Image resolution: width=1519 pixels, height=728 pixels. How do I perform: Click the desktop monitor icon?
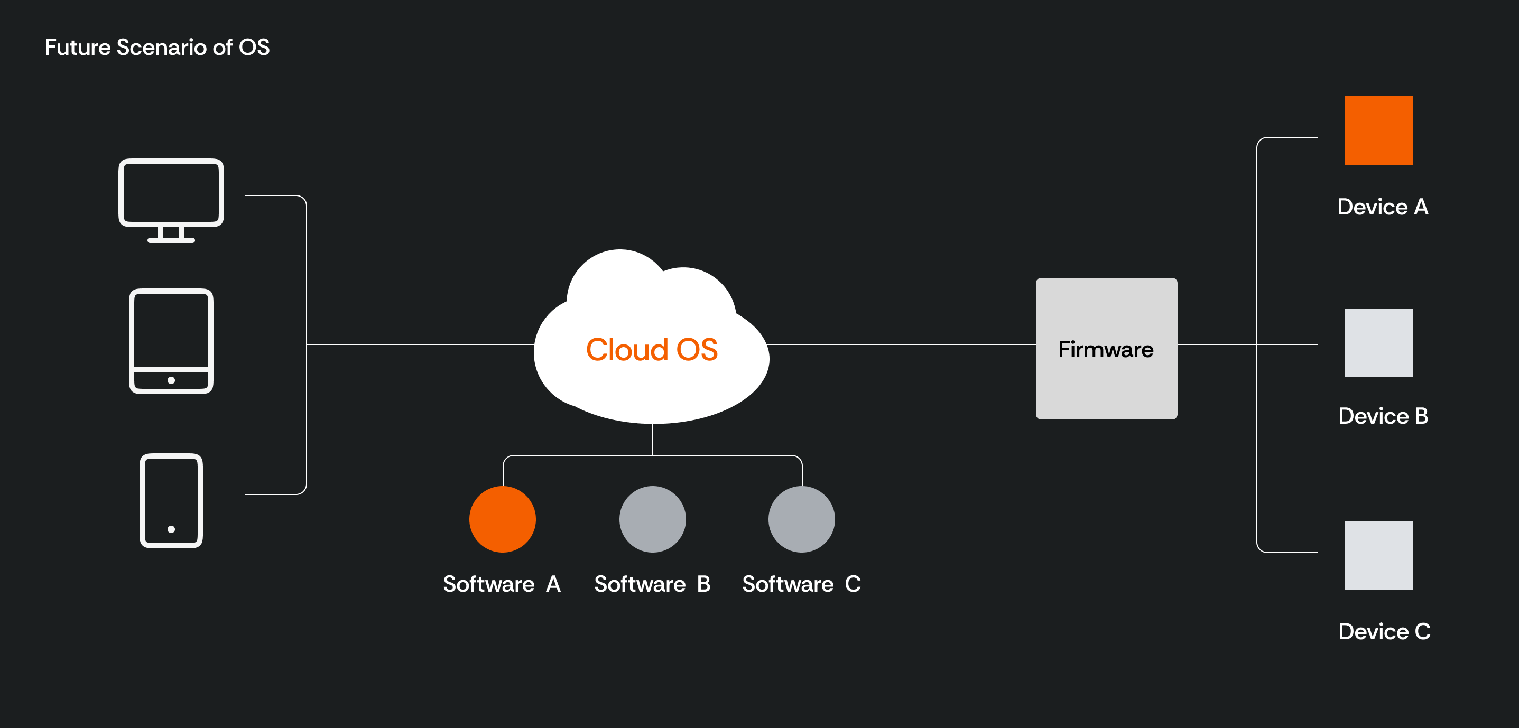171,194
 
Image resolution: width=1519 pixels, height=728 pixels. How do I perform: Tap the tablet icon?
171,341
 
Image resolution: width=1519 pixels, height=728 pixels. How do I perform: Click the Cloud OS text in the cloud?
652,350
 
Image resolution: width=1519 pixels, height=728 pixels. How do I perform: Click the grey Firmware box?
1106,349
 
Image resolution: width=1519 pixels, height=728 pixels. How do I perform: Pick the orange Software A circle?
503,519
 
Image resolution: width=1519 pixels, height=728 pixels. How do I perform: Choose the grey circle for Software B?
652,519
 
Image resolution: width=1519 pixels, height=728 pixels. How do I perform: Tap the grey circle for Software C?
801,519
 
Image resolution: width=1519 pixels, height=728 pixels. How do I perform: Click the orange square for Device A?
1378,130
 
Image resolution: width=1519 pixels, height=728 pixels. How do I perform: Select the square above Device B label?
1378,342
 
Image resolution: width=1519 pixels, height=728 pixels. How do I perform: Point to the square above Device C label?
1378,555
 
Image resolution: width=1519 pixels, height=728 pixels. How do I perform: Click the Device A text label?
1382,207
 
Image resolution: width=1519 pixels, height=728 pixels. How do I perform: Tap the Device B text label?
1383,416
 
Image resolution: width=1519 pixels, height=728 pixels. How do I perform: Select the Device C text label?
1384,631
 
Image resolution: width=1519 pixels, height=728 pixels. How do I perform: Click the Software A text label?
502,584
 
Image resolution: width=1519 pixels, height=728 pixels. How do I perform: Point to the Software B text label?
652,584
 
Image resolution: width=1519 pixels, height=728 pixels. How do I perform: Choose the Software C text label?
801,584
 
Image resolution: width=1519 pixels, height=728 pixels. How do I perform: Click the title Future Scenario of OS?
157,47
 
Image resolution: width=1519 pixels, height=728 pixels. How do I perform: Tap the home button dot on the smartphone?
171,529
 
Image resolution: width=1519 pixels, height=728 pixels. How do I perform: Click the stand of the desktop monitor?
171,235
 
